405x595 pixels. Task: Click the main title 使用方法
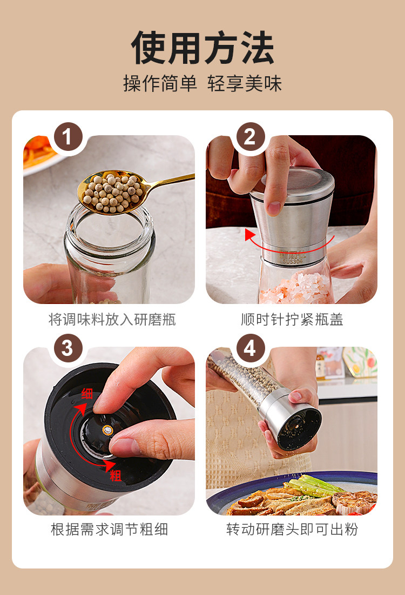(x=202, y=48)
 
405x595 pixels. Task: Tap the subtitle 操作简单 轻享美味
(x=202, y=83)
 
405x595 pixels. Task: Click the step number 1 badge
(x=68, y=137)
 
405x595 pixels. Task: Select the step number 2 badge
(x=251, y=137)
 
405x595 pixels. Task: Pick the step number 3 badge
(x=68, y=348)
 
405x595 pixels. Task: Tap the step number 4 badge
(x=251, y=348)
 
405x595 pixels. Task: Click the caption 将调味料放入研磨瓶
(x=112, y=320)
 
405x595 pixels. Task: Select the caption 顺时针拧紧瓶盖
(x=292, y=320)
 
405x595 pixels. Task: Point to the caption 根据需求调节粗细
(x=110, y=529)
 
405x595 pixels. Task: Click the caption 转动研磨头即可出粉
(x=292, y=529)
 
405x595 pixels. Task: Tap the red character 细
(x=87, y=394)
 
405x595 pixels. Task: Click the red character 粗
(x=116, y=475)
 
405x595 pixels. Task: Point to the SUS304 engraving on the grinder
(x=293, y=261)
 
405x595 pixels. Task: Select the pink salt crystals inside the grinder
(x=295, y=288)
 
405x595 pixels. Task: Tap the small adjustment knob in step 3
(x=108, y=430)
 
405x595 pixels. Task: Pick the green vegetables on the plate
(x=310, y=486)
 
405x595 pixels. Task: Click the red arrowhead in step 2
(x=249, y=234)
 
